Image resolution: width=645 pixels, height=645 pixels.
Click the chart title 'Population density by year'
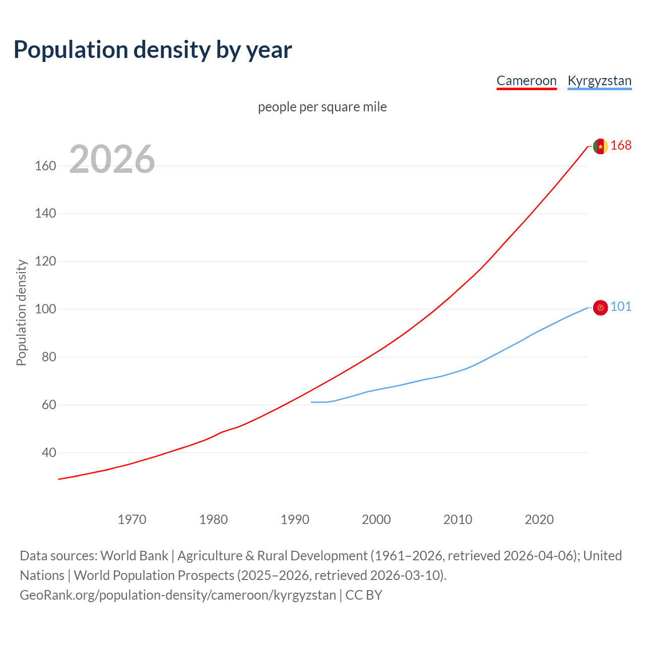point(153,50)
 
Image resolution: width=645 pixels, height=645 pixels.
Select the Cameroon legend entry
point(527,81)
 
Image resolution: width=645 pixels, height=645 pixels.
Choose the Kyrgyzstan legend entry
point(599,81)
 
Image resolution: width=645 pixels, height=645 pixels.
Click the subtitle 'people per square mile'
point(322,107)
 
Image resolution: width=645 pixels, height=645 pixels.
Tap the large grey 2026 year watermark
point(112,159)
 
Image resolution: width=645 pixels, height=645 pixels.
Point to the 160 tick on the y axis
point(45,166)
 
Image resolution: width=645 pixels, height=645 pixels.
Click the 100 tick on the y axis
point(45,309)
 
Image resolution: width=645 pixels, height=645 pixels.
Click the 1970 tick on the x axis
point(132,520)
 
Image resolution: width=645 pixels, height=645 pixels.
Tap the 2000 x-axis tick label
point(376,520)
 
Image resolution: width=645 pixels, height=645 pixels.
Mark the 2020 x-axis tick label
point(539,520)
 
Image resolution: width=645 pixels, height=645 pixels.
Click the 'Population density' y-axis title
point(21,312)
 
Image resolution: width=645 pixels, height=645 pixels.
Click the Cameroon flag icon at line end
point(600,146)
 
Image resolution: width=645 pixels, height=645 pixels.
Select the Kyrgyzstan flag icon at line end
point(600,307)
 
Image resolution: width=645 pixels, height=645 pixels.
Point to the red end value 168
point(621,146)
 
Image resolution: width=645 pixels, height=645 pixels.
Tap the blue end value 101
point(621,307)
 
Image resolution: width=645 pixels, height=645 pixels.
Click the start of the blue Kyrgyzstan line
point(312,402)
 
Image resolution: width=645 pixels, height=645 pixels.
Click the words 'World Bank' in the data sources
point(134,556)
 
